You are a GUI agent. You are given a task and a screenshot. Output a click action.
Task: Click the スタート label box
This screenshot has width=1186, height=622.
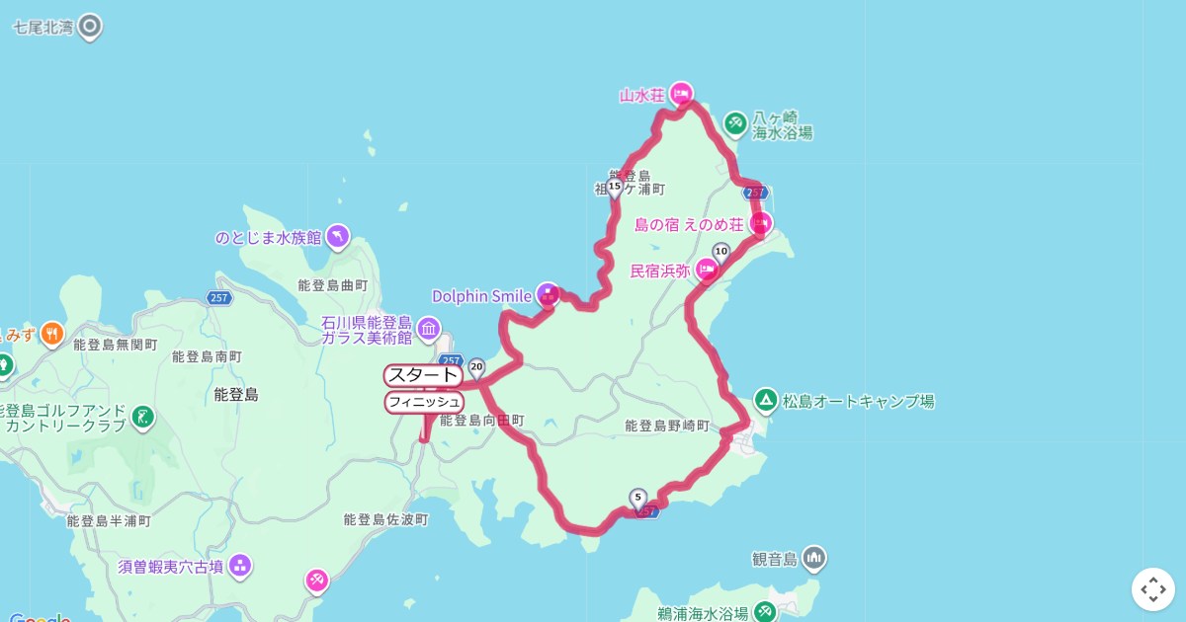423,375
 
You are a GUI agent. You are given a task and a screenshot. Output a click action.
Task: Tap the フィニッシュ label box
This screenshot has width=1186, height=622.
424,402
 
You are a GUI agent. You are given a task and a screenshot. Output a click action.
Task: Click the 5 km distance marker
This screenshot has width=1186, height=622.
637,498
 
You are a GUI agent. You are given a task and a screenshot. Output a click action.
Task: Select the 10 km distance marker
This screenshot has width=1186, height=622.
720,251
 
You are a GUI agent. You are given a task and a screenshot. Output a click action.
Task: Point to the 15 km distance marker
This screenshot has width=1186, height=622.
615,187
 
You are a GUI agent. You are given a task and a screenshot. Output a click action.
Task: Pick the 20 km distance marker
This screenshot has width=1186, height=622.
477,367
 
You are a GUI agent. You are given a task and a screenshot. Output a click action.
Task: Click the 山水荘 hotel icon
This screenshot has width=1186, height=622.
680,94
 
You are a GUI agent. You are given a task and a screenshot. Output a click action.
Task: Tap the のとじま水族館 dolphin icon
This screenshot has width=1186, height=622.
337,236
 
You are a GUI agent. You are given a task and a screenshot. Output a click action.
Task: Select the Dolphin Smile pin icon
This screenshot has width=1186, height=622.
548,293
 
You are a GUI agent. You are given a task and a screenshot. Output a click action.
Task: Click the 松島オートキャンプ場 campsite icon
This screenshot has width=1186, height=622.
765,401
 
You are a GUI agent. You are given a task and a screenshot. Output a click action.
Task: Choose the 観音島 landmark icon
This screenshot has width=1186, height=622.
813,559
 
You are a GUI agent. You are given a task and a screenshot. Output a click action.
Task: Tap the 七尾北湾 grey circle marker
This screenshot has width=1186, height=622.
90,27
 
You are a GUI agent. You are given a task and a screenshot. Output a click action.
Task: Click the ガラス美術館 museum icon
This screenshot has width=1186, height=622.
428,327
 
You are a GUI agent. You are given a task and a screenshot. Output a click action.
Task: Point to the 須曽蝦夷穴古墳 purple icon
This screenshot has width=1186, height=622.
239,566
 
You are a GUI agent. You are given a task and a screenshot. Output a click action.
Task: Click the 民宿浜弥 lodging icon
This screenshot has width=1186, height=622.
707,269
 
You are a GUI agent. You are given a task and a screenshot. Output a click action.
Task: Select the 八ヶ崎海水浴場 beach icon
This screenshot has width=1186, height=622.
734,123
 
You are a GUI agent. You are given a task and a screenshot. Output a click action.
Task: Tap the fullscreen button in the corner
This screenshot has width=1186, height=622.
1152,589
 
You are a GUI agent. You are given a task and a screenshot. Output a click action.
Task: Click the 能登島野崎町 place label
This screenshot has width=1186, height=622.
667,426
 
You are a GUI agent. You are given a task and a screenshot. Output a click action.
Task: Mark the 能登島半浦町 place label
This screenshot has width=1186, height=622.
108,520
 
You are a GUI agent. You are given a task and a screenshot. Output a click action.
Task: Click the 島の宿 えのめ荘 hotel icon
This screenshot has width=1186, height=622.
760,223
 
